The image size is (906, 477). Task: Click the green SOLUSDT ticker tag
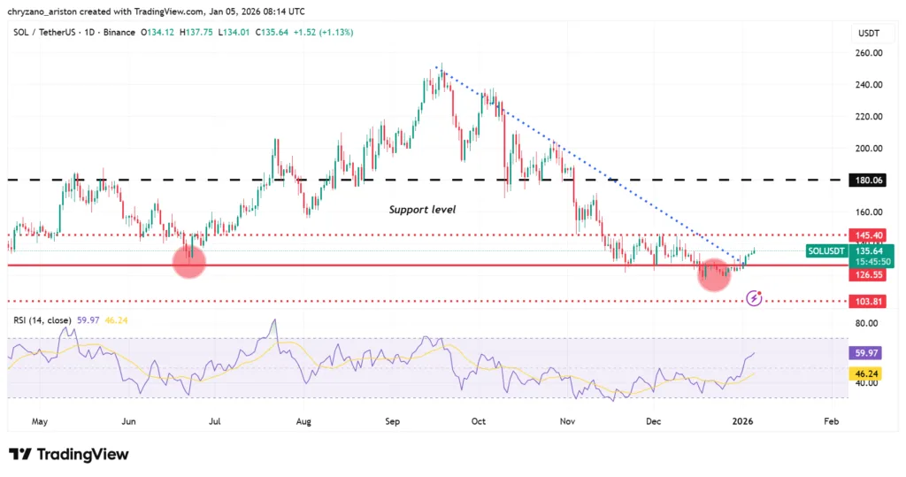[x=827, y=251]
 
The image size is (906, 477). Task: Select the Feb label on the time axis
[x=832, y=422]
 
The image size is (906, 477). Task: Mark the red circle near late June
[x=189, y=261]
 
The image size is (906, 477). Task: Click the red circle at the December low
[x=714, y=274]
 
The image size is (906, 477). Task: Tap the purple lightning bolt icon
[x=753, y=299]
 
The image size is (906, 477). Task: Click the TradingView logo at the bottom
[x=69, y=454]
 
